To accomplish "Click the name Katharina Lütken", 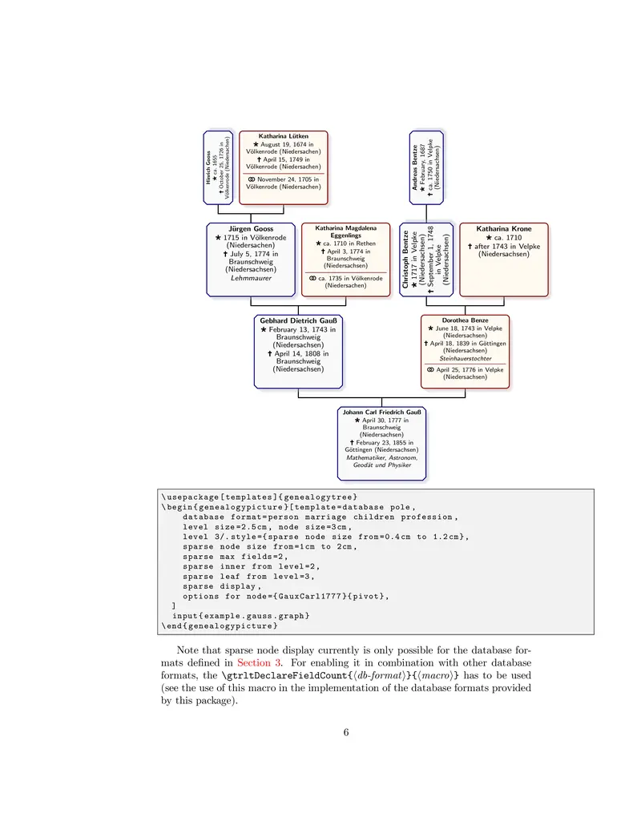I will (283, 136).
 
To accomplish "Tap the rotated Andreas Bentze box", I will (426, 167).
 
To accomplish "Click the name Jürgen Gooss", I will (251, 228).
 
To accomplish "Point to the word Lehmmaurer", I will (251, 278).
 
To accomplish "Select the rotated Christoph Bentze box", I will (426, 259).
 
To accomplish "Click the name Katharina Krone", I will (503, 228).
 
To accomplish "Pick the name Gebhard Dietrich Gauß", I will (297, 321).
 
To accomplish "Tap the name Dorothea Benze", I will (465, 320).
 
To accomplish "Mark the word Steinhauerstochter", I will (465, 358).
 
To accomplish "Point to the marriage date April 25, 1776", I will (470, 369).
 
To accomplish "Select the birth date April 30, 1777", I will (385, 420).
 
